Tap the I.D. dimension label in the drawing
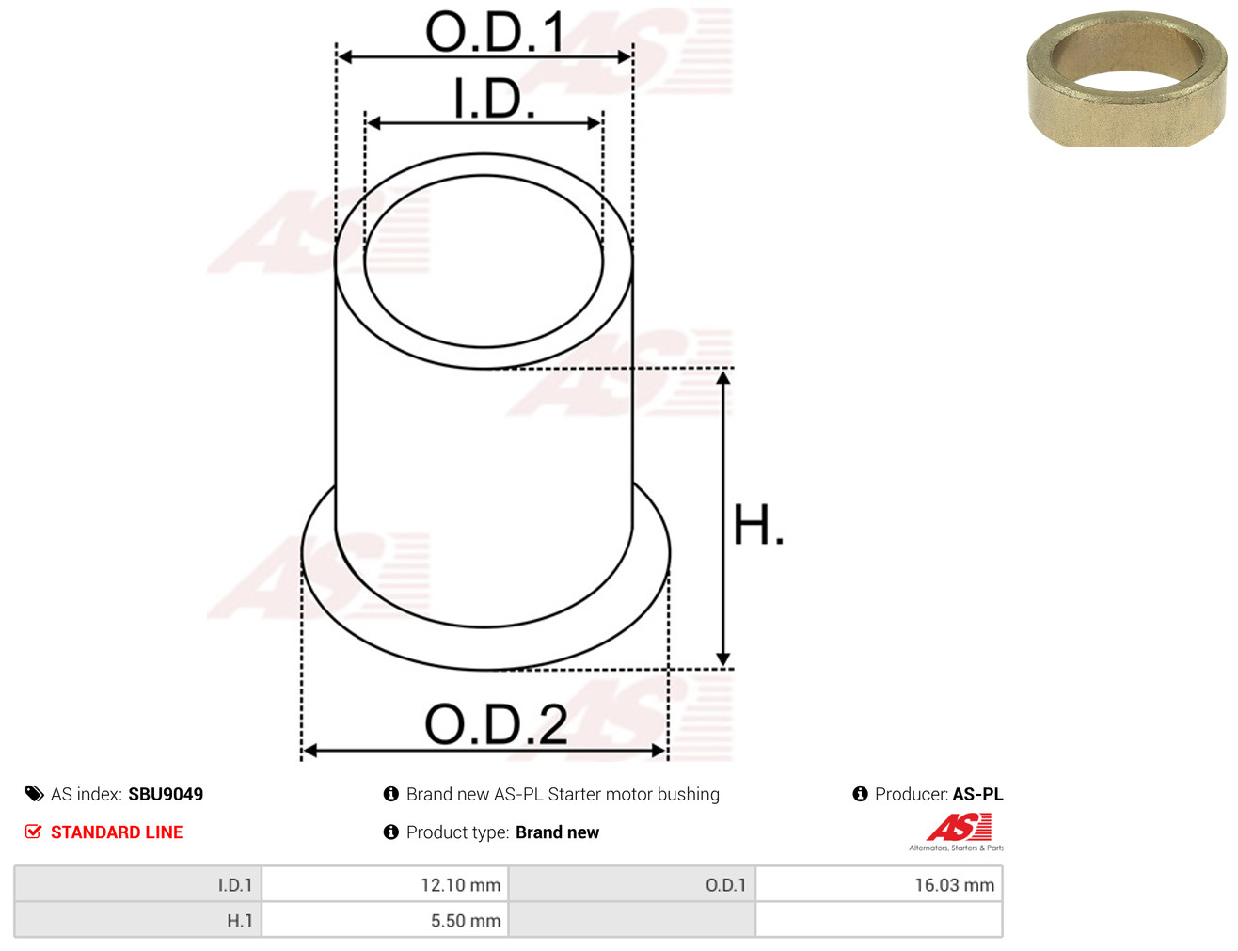coord(494,98)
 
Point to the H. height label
coord(758,525)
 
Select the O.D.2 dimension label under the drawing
coord(496,724)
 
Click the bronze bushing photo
coord(1126,79)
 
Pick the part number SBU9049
coord(166,794)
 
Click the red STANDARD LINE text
coord(117,832)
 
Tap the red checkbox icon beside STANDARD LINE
coord(34,832)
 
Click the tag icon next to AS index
coord(34,794)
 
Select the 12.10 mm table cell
coord(385,884)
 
